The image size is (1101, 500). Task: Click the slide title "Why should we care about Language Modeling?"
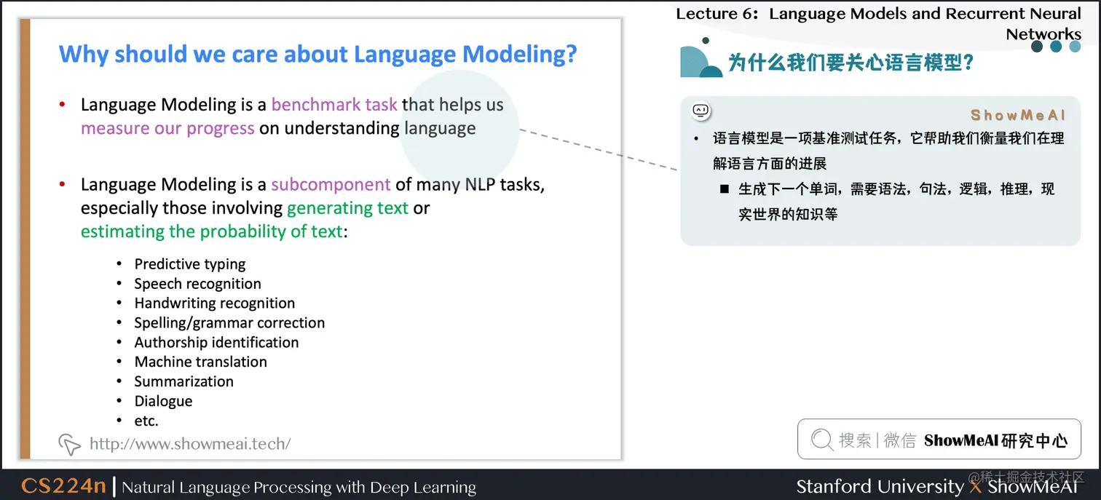(x=317, y=54)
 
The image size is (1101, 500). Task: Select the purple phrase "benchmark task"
(x=334, y=105)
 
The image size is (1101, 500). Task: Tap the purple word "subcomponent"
(x=331, y=185)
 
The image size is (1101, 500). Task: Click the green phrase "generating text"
(x=347, y=208)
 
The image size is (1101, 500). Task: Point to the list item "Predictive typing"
(x=190, y=264)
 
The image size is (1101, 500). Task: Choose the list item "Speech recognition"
(x=197, y=284)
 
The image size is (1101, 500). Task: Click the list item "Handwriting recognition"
(x=215, y=303)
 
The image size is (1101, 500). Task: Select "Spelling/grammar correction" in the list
(x=229, y=322)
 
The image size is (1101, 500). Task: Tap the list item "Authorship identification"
(x=216, y=342)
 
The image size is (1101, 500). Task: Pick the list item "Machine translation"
(x=200, y=362)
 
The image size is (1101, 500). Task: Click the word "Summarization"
(x=183, y=381)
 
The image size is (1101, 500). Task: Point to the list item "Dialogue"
(x=163, y=401)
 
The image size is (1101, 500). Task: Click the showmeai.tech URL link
(x=190, y=444)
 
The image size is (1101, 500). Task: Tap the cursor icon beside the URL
(x=69, y=444)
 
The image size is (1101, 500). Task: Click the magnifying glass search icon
(x=822, y=439)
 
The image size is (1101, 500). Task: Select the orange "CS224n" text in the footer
(x=63, y=485)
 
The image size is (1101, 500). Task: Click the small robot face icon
(x=701, y=111)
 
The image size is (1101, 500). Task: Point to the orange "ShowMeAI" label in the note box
(x=1018, y=115)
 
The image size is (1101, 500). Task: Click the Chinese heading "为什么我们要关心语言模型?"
(x=851, y=63)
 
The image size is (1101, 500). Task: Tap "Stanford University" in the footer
(x=880, y=487)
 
